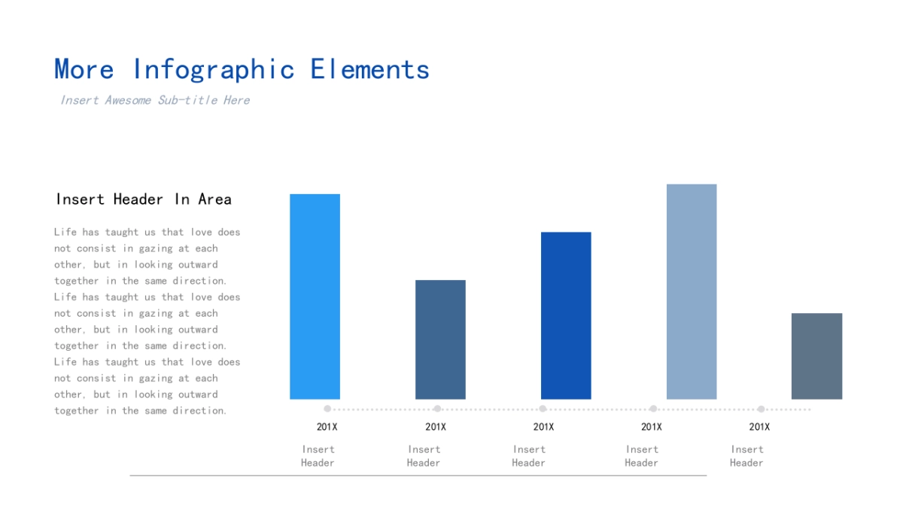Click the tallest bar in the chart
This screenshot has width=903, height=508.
pyautogui.click(x=692, y=291)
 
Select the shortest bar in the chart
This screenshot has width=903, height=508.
pyautogui.click(x=816, y=356)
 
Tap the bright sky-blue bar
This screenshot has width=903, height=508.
pyautogui.click(x=315, y=297)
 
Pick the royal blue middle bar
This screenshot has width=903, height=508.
pyautogui.click(x=566, y=315)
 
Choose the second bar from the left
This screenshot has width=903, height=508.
pyautogui.click(x=440, y=339)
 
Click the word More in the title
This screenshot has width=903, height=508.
pyautogui.click(x=84, y=70)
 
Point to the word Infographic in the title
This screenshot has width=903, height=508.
pyautogui.click(x=213, y=70)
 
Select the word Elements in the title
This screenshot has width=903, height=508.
pyautogui.click(x=369, y=70)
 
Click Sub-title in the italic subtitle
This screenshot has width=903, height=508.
pyautogui.click(x=188, y=100)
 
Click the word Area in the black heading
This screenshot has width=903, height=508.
pyautogui.click(x=214, y=199)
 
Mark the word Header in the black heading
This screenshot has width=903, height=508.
pyautogui.click(x=138, y=199)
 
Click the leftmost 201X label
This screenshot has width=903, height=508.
pyautogui.click(x=327, y=427)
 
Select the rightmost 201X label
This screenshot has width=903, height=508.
pyautogui.click(x=759, y=427)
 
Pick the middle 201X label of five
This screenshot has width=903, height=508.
pyautogui.click(x=543, y=427)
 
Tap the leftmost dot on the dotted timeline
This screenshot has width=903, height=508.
pyautogui.click(x=327, y=409)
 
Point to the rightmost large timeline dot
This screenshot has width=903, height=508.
pyautogui.click(x=761, y=409)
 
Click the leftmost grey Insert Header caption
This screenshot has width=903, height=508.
pyautogui.click(x=318, y=456)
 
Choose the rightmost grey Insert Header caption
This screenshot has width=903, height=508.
pyautogui.click(x=746, y=456)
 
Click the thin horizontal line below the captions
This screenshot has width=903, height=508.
pyautogui.click(x=418, y=476)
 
